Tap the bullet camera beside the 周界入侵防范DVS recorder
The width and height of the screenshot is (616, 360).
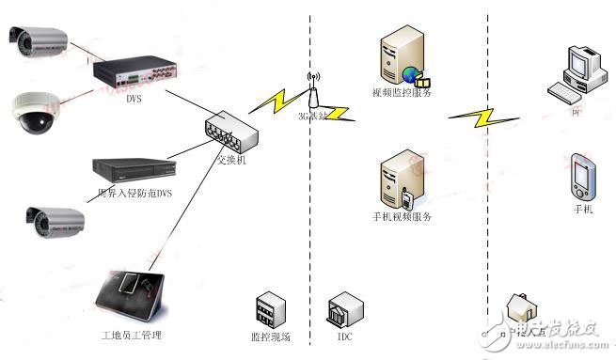55,222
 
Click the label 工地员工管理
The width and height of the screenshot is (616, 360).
132,335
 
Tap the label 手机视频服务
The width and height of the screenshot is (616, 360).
402,217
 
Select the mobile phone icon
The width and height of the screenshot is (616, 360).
581,178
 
